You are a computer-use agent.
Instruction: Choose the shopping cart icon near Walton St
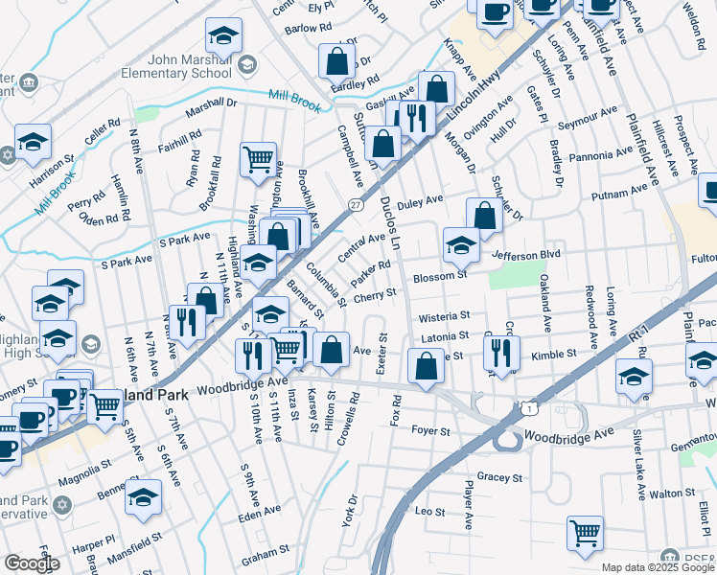coord(585,533)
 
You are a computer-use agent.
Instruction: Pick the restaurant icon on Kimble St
coord(500,352)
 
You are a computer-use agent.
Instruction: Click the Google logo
coord(32,563)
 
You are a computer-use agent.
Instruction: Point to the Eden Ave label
coord(259,515)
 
